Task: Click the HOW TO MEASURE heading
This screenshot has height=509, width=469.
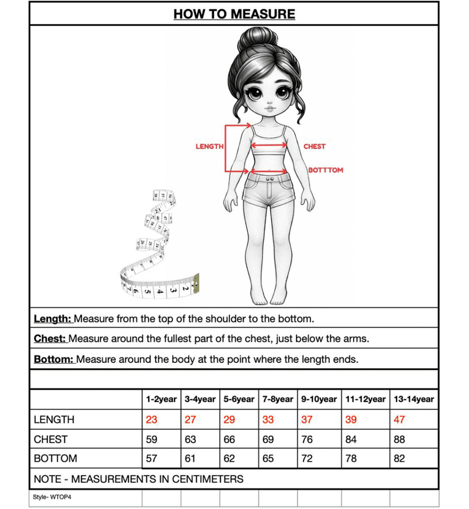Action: tap(234, 14)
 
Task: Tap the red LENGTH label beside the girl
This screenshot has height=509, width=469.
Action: tap(209, 147)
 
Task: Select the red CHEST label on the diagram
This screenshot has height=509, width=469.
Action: tap(314, 147)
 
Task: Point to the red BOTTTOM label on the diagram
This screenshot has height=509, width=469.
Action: tap(326, 170)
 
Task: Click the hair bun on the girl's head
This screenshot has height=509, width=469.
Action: tap(258, 38)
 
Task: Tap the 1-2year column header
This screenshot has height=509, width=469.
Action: tap(161, 399)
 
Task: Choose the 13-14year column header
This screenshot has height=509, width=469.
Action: tap(414, 399)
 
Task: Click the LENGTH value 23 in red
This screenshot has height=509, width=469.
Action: tap(152, 420)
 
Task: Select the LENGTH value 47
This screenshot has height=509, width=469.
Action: tap(399, 420)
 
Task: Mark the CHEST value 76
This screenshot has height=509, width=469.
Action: tap(307, 439)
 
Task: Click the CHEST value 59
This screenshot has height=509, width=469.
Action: tap(152, 439)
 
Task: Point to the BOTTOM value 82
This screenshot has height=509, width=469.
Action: tap(399, 458)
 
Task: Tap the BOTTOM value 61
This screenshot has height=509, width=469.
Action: tap(190, 458)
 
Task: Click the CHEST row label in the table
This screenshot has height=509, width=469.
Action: tap(51, 439)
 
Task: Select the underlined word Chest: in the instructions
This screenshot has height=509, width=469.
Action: tap(50, 339)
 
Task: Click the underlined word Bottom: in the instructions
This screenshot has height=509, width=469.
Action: tap(54, 359)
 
